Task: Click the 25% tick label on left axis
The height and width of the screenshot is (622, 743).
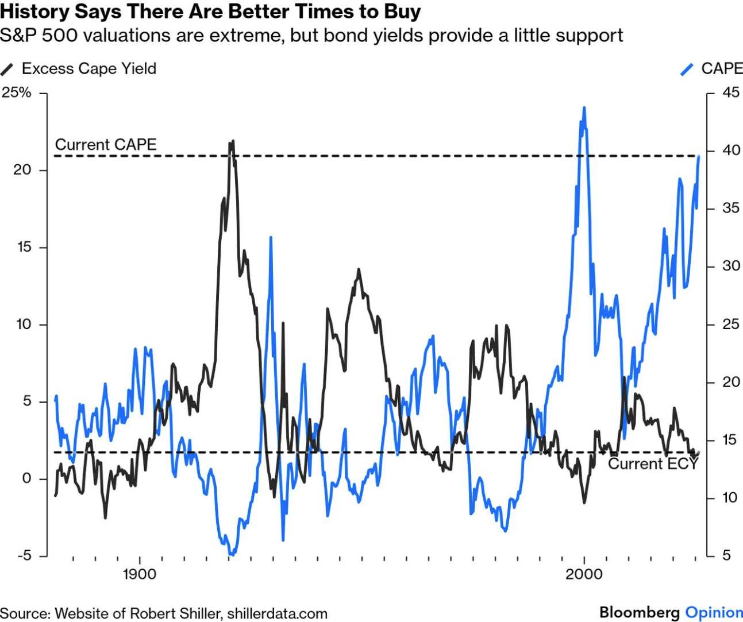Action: point(17,92)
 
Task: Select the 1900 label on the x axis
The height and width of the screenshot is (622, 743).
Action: point(139,574)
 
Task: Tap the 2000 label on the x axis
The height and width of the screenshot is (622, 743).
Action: point(584,574)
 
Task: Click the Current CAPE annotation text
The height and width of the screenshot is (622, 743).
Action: point(106,144)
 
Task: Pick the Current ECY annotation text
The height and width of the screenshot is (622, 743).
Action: point(653,464)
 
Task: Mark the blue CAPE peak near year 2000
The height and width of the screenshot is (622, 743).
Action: point(584,108)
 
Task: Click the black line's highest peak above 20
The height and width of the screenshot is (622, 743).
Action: point(232,141)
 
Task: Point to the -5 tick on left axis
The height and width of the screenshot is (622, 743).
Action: point(24,555)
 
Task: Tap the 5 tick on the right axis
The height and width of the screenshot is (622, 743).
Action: point(727,555)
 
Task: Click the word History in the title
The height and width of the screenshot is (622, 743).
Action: point(35,11)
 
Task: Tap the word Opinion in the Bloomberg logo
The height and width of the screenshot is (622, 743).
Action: point(714,612)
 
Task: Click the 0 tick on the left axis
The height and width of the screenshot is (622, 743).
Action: point(26,478)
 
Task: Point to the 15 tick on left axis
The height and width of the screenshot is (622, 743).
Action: point(24,247)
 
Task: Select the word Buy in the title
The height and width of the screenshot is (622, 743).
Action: point(403,11)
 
